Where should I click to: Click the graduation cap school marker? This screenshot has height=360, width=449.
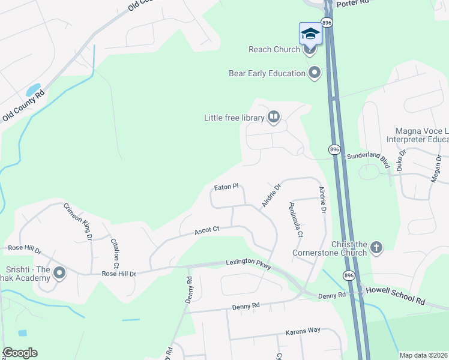coord(310,33)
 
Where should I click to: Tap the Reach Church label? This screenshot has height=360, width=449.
coord(274,49)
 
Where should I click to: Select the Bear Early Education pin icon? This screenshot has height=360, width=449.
coord(314,73)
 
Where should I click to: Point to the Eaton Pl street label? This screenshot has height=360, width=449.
coord(226,187)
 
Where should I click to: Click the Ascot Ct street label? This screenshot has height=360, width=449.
coord(208,229)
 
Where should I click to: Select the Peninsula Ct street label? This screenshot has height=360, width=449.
coord(296,219)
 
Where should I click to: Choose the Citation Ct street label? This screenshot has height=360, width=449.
coord(115,253)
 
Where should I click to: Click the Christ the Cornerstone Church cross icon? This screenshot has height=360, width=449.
coord(376,247)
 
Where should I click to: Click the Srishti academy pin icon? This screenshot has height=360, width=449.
coord(59,274)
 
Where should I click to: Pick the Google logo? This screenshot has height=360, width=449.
coord(20,353)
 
